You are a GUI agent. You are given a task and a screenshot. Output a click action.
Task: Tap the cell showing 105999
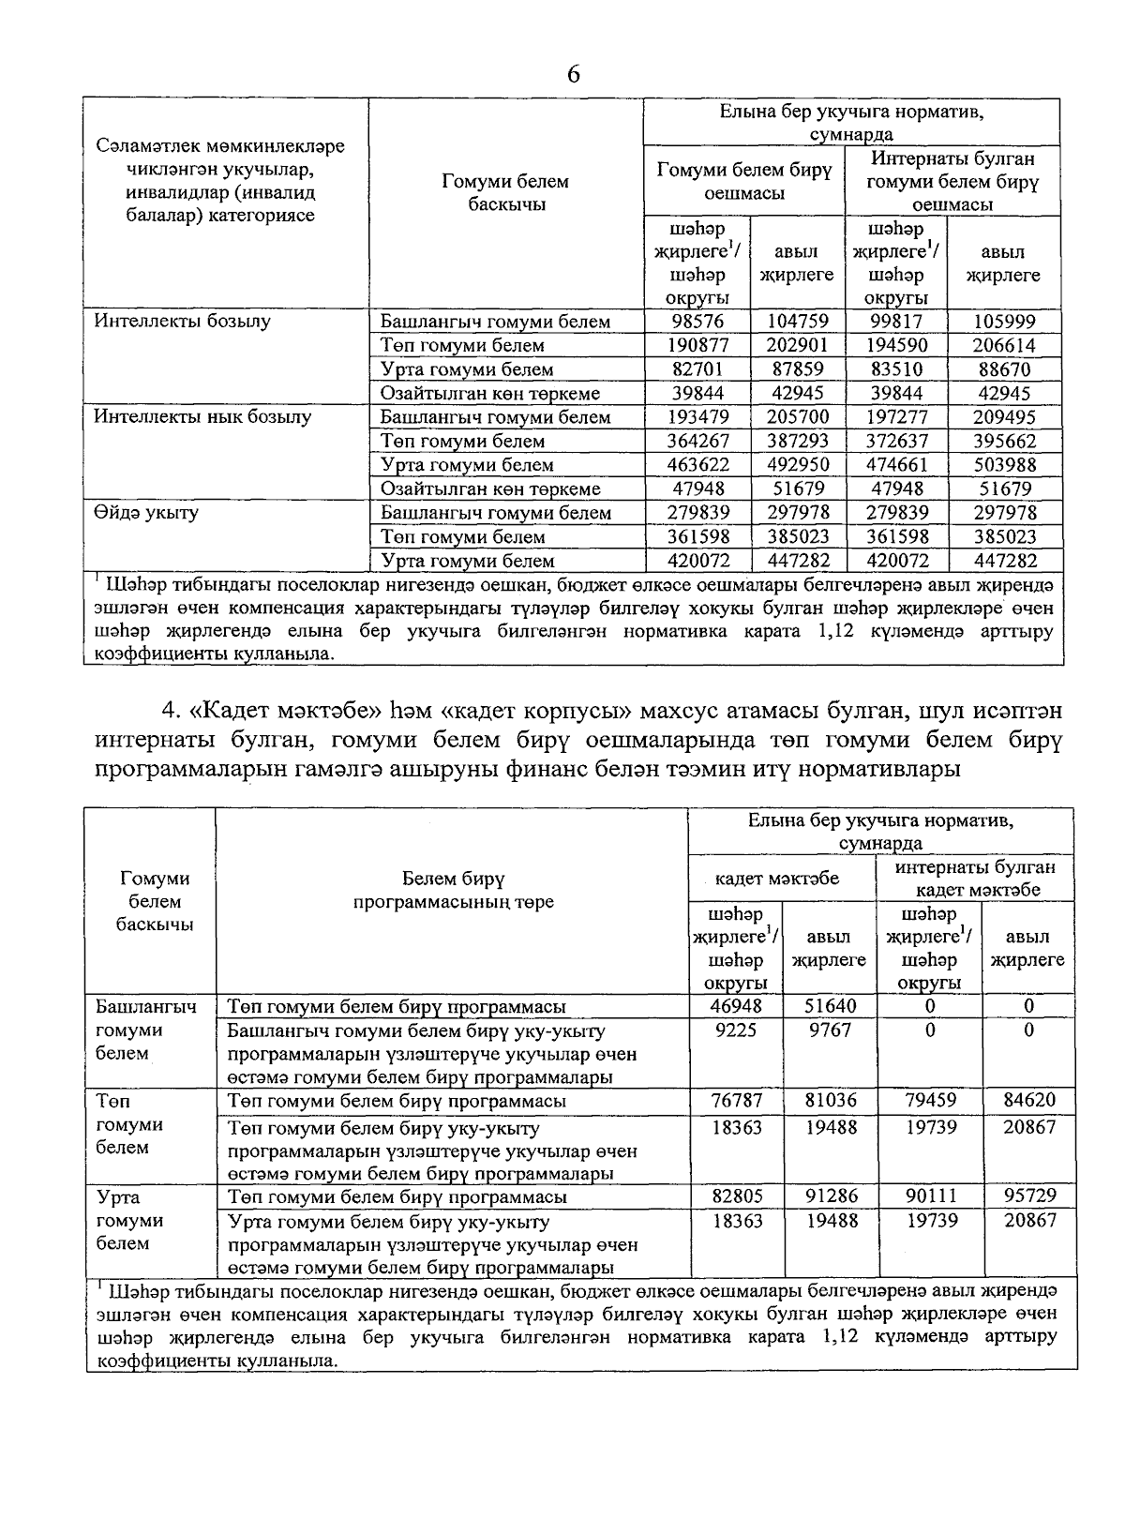1004,322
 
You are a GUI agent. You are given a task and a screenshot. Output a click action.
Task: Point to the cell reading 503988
1004,465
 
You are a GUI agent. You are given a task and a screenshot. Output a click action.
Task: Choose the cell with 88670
1004,369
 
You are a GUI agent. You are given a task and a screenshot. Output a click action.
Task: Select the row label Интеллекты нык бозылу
202,417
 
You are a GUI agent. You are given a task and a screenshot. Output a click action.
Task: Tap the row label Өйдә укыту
146,513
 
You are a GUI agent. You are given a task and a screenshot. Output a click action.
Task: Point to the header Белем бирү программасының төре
453,890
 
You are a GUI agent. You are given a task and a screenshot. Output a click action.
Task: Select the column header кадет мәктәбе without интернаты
777,879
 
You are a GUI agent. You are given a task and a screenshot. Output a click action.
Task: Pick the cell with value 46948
736,1006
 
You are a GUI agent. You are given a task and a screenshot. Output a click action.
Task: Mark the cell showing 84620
1028,1100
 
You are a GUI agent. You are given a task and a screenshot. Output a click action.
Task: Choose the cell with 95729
1028,1196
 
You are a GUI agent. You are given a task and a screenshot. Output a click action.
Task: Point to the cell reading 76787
736,1100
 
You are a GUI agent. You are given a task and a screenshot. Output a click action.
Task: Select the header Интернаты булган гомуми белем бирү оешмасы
952,181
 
